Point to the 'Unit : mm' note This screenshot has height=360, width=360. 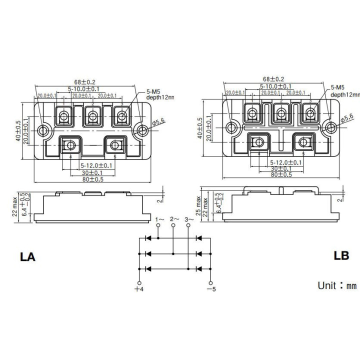(x=336, y=285)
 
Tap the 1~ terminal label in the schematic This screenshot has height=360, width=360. (x=158, y=219)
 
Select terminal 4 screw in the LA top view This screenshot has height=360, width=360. (x=69, y=145)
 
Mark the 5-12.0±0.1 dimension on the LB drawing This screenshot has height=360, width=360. (x=285, y=162)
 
